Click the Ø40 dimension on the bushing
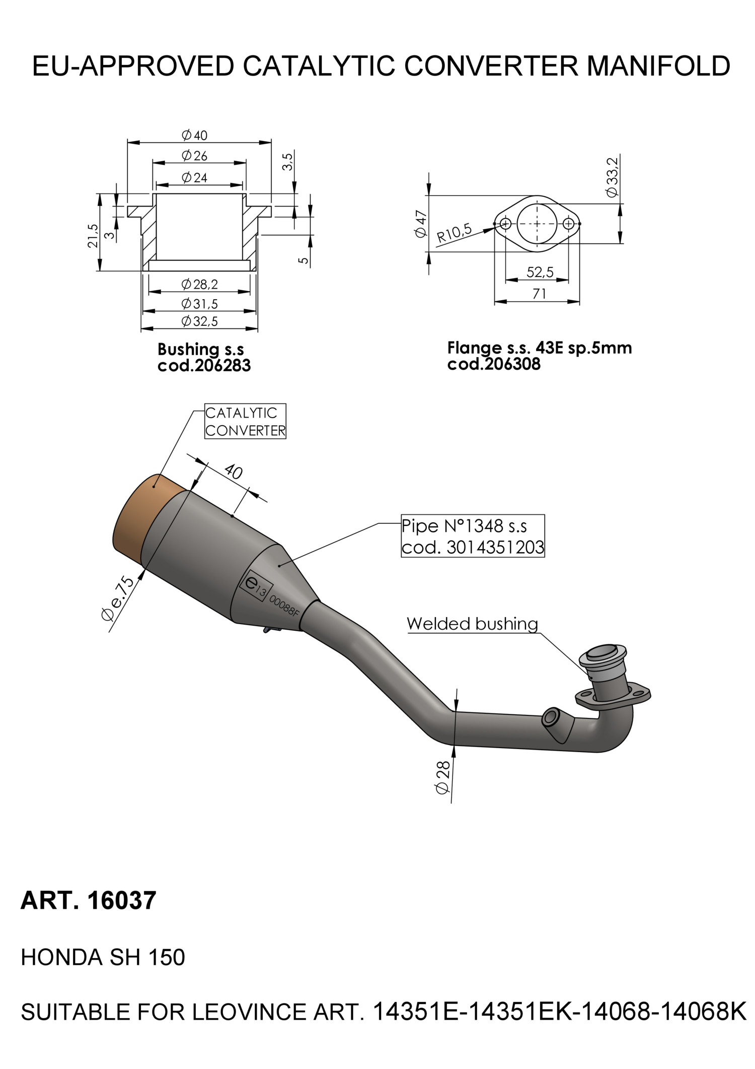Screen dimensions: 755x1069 pos(194,136)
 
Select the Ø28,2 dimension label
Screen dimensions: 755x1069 pos(200,285)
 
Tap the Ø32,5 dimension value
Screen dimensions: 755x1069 pos(200,321)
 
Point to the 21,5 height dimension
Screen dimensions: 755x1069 pos(93,236)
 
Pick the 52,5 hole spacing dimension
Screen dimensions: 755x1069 pos(540,273)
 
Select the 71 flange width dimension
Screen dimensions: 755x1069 pos(539,293)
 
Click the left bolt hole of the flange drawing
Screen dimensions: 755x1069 pos(505,223)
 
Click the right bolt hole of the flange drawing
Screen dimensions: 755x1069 pos(569,223)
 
